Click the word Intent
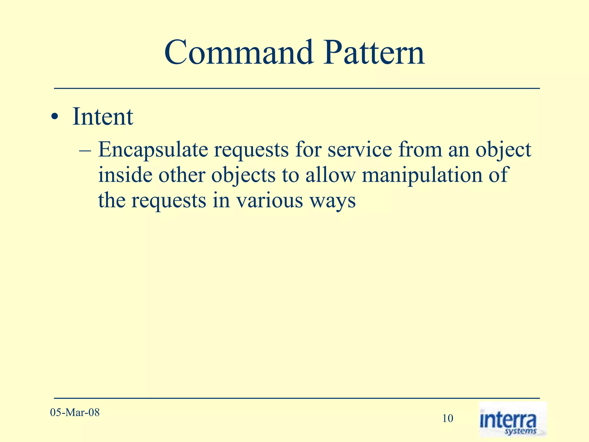coord(103,117)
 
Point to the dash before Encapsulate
coord(85,150)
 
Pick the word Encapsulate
coord(153,150)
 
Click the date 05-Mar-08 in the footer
coord(75,413)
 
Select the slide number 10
coord(448,418)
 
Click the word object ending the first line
coord(503,150)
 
